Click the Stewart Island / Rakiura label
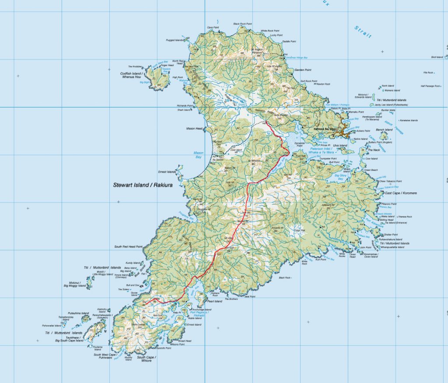(143, 185)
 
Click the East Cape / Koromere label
(401, 193)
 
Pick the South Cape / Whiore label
(147, 359)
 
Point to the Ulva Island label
(340, 146)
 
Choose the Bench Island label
(384, 130)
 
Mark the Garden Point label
(302, 70)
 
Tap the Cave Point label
(213, 27)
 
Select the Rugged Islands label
(174, 40)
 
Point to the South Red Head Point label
(129, 247)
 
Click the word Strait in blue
(363, 31)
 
